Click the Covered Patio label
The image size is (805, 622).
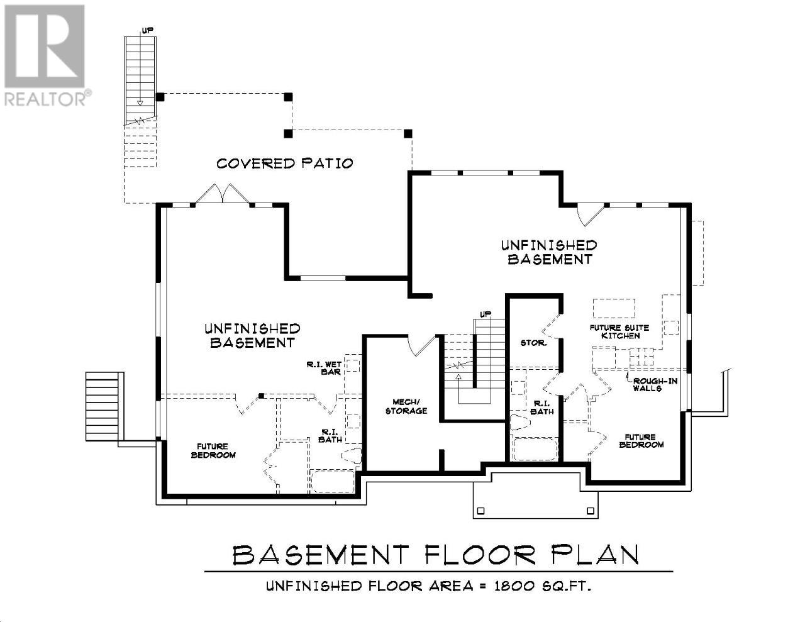[x=284, y=164]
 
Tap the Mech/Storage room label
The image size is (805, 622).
[x=406, y=406]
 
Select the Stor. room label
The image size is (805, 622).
[x=533, y=343]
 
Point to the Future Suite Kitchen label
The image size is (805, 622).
[x=619, y=332]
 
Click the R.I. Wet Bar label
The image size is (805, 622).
[x=324, y=369]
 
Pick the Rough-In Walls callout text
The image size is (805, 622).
[x=655, y=384]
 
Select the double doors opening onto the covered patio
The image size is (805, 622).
[x=222, y=193]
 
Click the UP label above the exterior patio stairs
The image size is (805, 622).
[x=147, y=30]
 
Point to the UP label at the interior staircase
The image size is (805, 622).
[x=486, y=314]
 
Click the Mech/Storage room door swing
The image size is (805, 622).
[x=421, y=345]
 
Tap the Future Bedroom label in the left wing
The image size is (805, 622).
[x=213, y=451]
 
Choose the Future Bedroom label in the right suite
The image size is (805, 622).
[x=641, y=441]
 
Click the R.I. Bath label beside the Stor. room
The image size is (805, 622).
[x=542, y=408]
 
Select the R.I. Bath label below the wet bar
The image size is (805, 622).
[x=330, y=436]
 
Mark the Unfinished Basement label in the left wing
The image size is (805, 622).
[x=252, y=336]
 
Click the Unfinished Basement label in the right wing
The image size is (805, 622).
[x=549, y=252]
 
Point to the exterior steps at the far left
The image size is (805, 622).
[x=103, y=406]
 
